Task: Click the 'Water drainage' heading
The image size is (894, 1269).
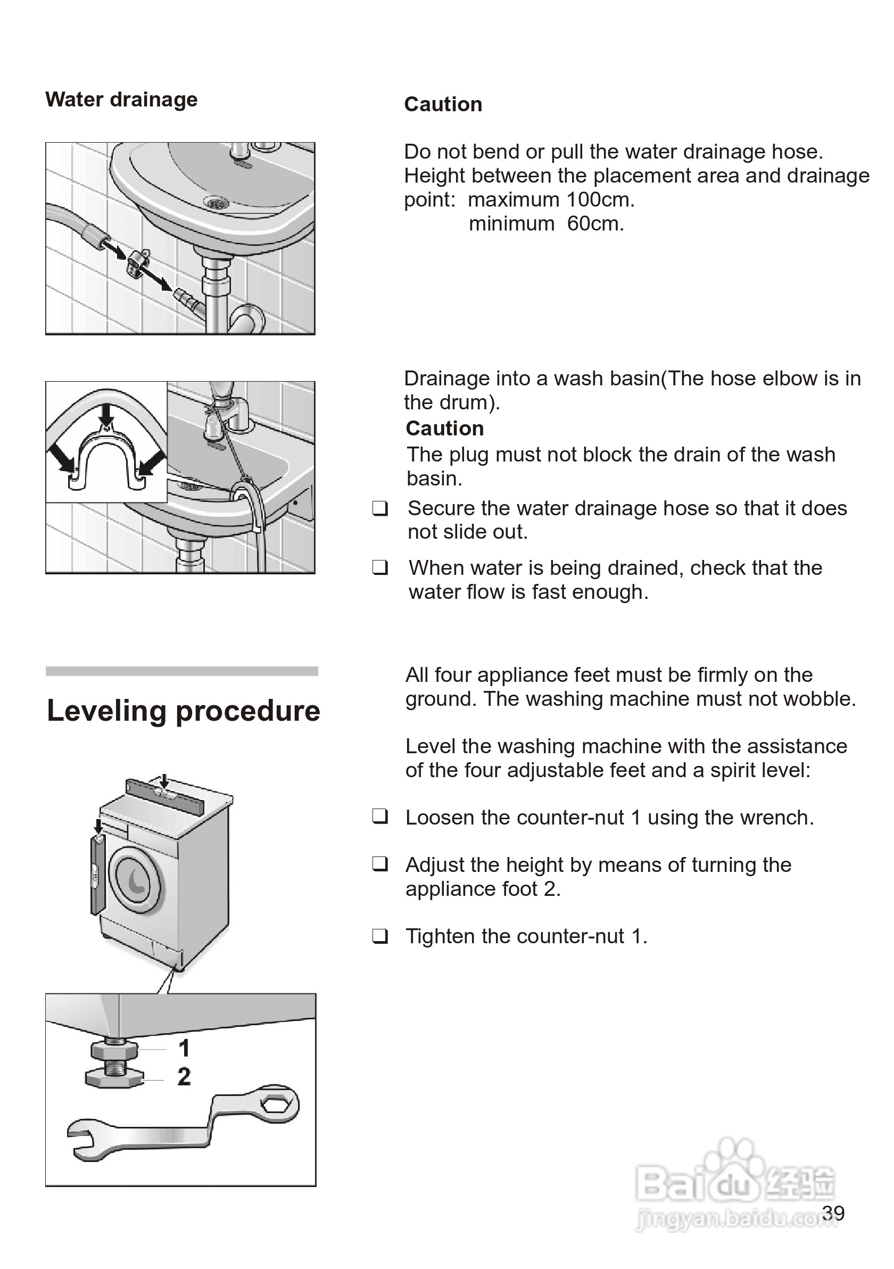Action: pos(121,100)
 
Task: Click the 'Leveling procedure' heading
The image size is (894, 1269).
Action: pos(184,711)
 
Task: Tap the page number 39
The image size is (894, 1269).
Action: pos(833,1213)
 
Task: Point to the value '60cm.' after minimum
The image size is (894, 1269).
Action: pos(595,224)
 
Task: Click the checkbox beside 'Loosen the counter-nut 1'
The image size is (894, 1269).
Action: pos(379,817)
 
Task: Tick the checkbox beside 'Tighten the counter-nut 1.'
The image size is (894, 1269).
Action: pos(379,936)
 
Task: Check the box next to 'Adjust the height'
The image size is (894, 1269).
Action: pos(379,864)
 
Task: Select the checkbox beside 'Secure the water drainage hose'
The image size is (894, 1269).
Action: pos(379,508)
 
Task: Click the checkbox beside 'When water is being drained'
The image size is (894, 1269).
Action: pos(379,567)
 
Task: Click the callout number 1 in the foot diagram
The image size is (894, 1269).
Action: pos(184,1048)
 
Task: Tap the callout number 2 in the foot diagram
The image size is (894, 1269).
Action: pos(184,1076)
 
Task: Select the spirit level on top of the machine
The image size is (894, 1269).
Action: pos(165,794)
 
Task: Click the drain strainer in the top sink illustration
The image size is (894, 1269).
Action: pos(217,204)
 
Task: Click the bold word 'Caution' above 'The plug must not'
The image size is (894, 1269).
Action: pos(444,429)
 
